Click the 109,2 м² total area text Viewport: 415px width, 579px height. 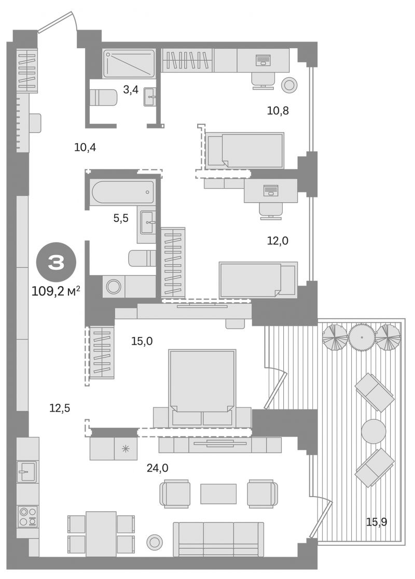tap(56, 292)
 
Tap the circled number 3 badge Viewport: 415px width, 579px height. tap(56, 263)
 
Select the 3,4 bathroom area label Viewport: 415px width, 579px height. tap(131, 89)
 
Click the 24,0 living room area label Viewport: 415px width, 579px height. tap(157, 468)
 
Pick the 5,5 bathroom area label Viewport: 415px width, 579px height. tap(121, 218)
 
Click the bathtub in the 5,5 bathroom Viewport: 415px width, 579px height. tap(122, 192)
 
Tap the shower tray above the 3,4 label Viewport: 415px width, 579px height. tap(129, 64)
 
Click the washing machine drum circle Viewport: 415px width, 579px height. tap(114, 286)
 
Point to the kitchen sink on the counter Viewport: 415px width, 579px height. tap(27, 472)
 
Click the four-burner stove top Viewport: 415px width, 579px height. tap(28, 516)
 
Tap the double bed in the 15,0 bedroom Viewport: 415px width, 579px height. tap(202, 387)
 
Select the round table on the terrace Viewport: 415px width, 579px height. tap(374, 431)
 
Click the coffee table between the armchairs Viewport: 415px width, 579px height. tap(218, 493)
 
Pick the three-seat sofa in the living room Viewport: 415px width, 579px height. tap(218, 539)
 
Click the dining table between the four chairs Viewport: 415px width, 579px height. tap(101, 534)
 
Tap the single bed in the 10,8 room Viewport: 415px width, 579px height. tap(245, 150)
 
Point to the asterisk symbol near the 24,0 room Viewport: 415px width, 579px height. tap(126, 449)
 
